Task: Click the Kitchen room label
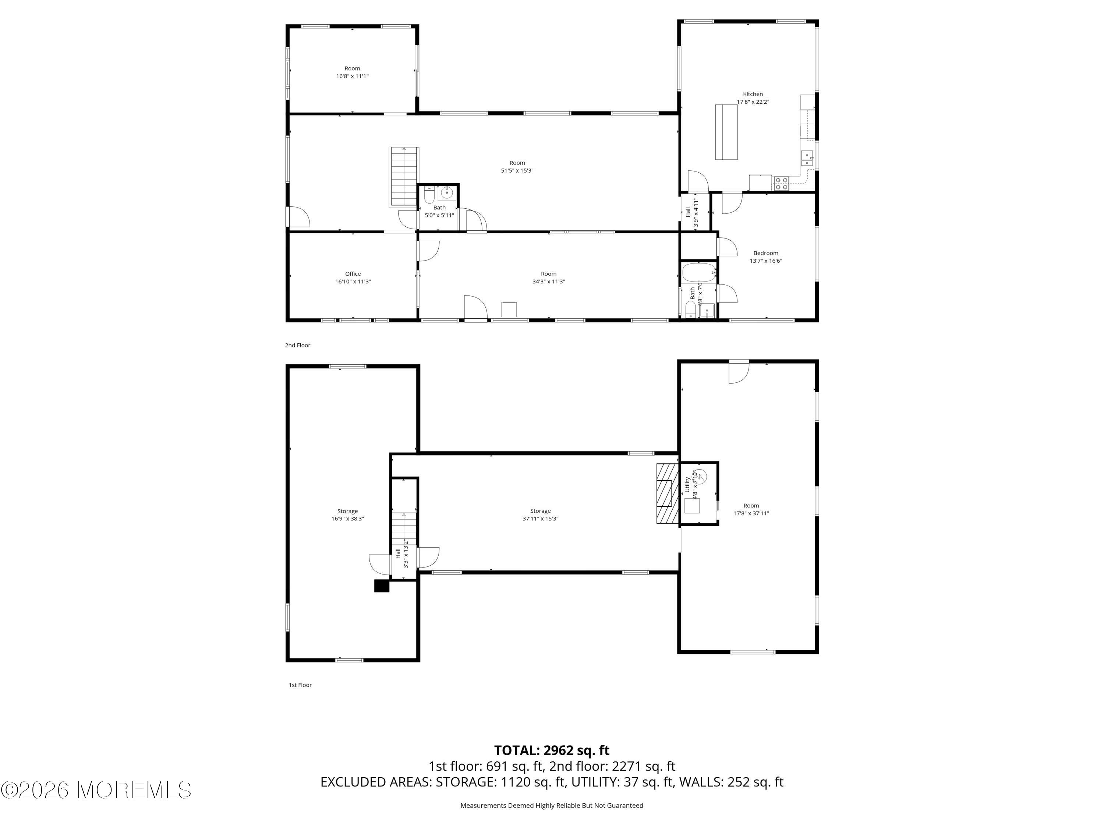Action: [753, 94]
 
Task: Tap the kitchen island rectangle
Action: [726, 132]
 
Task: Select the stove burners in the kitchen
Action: [781, 184]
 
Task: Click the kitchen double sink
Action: [807, 159]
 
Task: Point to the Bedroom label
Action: [765, 253]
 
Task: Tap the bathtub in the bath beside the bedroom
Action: [699, 273]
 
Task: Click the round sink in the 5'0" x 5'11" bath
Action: [447, 192]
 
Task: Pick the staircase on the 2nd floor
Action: [404, 177]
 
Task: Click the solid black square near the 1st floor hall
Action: [381, 585]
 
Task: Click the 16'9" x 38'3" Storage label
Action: [347, 511]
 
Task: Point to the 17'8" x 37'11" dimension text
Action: [751, 513]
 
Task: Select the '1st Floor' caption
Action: [300, 685]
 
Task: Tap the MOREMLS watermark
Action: [96, 790]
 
